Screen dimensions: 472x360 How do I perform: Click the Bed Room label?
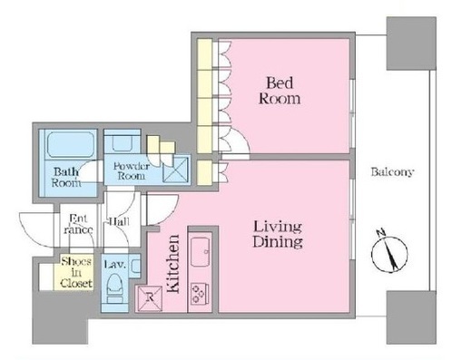280,91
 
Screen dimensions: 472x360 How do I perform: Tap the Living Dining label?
278,234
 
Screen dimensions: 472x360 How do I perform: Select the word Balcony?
392,172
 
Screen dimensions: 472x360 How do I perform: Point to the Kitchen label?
173,264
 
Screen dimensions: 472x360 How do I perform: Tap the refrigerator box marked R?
150,298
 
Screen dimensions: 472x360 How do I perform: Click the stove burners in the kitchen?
199,293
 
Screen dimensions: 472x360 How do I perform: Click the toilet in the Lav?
114,288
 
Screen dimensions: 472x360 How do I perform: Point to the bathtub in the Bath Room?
71,144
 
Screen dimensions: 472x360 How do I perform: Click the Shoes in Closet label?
76,272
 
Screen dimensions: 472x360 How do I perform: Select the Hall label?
119,222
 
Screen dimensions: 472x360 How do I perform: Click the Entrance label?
78,224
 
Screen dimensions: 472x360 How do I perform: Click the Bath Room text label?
66,178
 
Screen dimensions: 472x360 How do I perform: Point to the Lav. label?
114,265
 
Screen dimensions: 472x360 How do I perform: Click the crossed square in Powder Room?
175,170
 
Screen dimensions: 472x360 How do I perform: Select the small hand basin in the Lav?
135,266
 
